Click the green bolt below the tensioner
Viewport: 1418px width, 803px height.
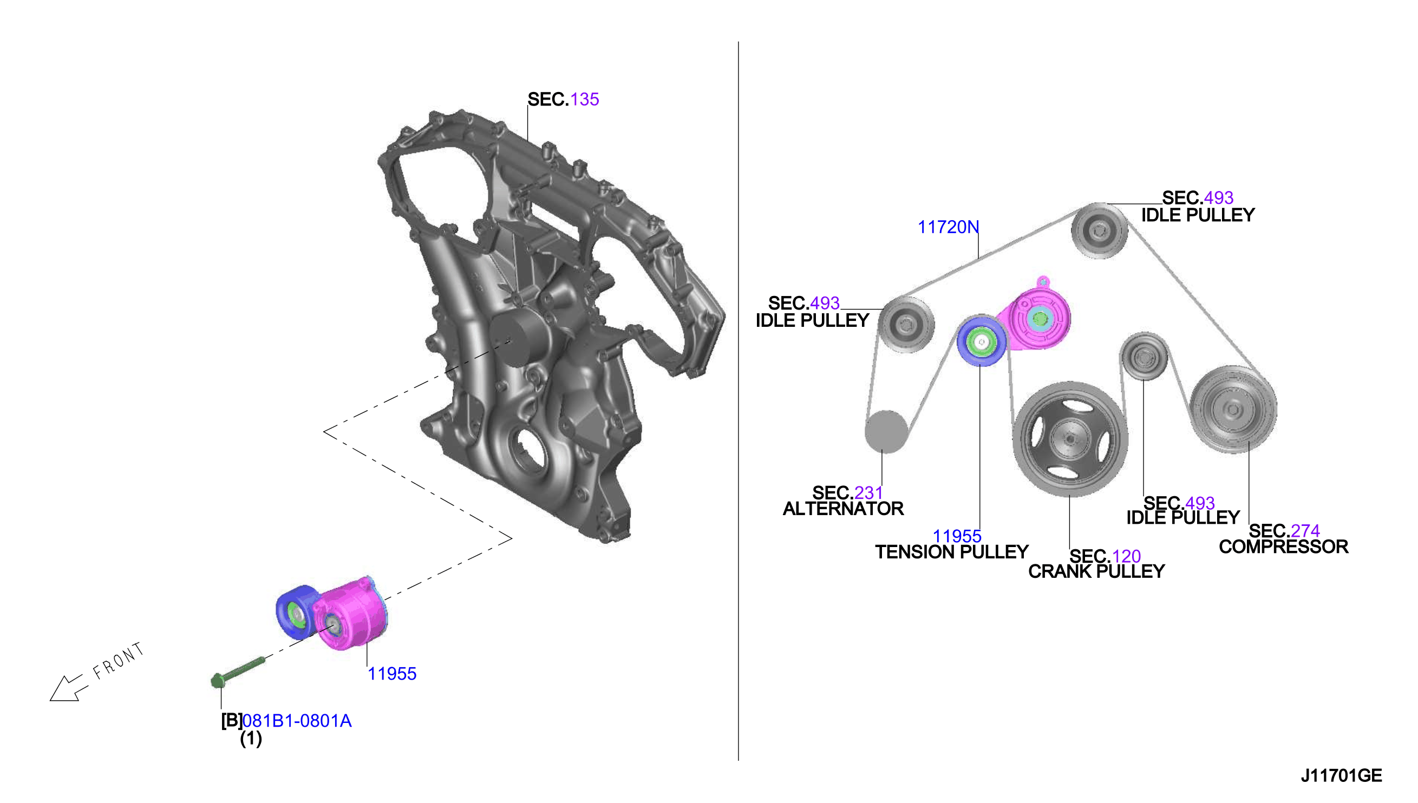(x=238, y=672)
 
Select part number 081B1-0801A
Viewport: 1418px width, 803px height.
(x=297, y=721)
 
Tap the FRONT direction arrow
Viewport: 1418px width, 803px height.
(x=68, y=689)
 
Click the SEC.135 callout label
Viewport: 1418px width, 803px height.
(x=563, y=99)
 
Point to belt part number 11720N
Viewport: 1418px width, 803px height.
(x=948, y=227)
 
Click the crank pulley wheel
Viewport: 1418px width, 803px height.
(x=1070, y=439)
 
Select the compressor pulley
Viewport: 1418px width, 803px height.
(x=1233, y=409)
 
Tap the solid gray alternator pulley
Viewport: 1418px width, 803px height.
(x=886, y=431)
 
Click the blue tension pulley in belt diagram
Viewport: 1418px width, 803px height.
(x=981, y=341)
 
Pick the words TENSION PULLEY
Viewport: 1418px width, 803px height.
(x=952, y=552)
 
